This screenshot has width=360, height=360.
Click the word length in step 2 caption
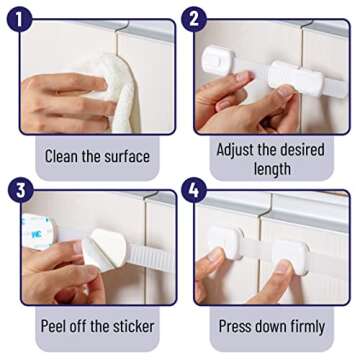(x=271, y=169)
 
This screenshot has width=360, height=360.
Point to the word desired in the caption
(x=315, y=148)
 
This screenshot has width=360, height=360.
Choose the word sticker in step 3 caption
(x=130, y=325)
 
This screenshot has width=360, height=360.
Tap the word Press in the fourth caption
(x=239, y=325)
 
